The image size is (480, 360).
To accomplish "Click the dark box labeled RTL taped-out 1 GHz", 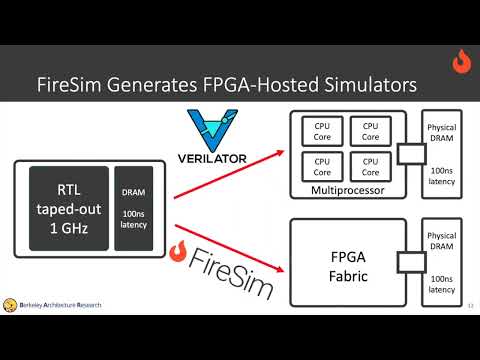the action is (x=72, y=207).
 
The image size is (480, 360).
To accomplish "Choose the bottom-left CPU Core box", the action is (x=322, y=165).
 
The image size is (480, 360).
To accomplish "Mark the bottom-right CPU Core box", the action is (x=369, y=165).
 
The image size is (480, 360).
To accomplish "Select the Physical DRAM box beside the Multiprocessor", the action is (x=442, y=154).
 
